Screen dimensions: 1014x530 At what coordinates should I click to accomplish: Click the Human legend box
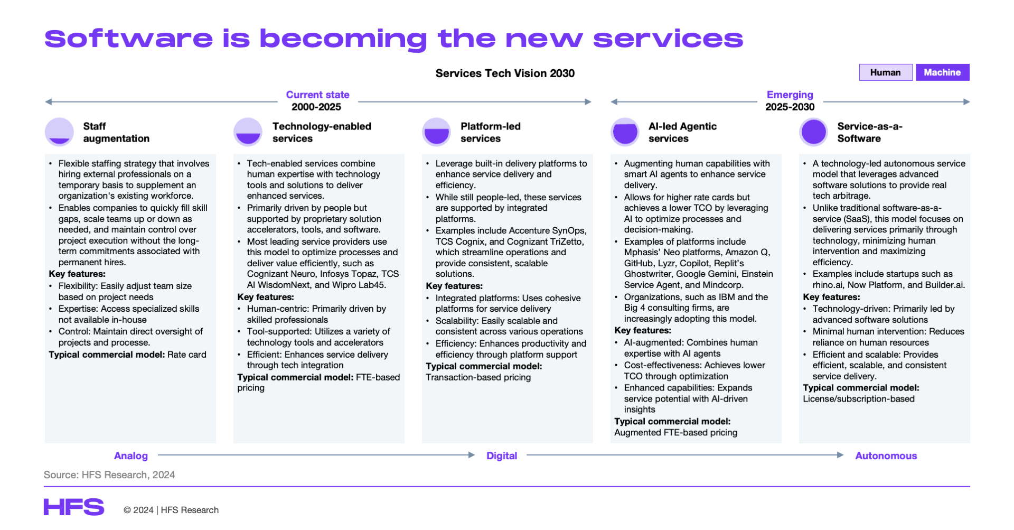(x=886, y=72)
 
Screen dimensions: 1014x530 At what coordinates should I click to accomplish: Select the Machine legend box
(x=943, y=72)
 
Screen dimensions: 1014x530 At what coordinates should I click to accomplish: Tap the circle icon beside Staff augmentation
(x=60, y=132)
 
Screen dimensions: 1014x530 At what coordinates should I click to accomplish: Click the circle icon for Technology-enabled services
(x=248, y=132)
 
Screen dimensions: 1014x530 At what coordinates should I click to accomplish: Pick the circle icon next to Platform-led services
(x=437, y=132)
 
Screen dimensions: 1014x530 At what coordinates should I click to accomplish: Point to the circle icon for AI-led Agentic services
(x=625, y=132)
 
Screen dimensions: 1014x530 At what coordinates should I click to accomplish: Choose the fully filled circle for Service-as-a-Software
(x=814, y=132)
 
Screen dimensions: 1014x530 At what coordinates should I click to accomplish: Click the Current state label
(x=318, y=95)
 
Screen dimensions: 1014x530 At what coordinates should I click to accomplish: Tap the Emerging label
(x=790, y=95)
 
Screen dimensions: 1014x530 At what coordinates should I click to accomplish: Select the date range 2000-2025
(x=316, y=107)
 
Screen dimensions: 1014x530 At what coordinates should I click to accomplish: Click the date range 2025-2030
(x=790, y=107)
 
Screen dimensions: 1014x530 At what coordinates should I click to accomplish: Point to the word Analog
(x=131, y=455)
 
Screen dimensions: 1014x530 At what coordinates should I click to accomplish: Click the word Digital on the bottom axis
(x=502, y=455)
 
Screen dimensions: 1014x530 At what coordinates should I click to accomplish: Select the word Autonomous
(x=886, y=455)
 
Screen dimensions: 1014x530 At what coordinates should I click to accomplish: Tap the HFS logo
(x=74, y=507)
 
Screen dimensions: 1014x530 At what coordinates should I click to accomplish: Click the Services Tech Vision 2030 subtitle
(x=505, y=73)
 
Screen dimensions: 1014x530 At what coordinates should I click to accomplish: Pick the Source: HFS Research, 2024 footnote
(x=109, y=475)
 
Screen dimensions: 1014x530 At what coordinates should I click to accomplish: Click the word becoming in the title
(x=343, y=39)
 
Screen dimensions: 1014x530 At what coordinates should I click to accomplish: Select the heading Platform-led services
(x=491, y=132)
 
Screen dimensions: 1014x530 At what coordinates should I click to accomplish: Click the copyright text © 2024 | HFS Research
(x=171, y=510)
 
